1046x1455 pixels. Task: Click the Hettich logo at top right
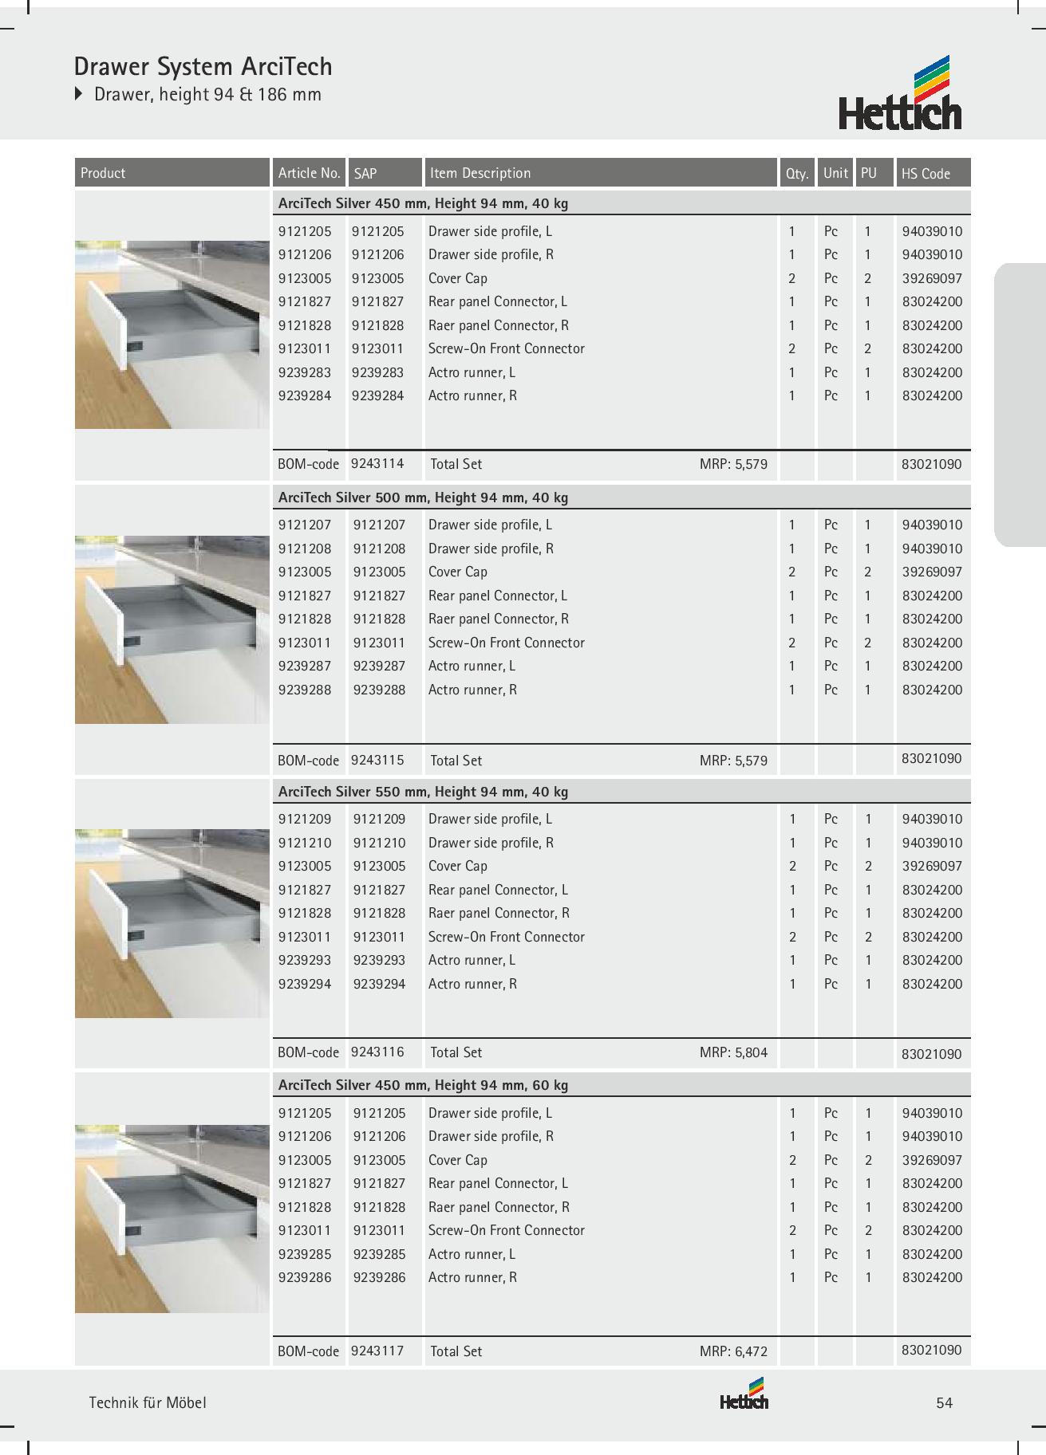click(900, 93)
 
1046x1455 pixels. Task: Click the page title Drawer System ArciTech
click(203, 66)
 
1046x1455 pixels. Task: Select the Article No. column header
click(309, 173)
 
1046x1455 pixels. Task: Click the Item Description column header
click(480, 173)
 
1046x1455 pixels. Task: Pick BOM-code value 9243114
click(377, 463)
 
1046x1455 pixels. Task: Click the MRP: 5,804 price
click(733, 1052)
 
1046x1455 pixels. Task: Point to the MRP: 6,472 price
click(733, 1351)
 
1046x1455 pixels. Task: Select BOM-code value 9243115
click(377, 760)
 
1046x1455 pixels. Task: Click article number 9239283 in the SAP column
click(379, 372)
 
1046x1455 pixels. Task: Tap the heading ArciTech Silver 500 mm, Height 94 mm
click(423, 497)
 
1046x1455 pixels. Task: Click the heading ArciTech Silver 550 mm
click(423, 792)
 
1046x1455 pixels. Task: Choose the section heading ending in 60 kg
click(423, 1085)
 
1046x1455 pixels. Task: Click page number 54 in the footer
click(944, 1403)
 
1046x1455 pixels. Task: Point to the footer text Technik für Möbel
click(148, 1403)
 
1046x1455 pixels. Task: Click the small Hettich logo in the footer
click(744, 1395)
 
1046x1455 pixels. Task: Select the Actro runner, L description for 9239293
click(472, 960)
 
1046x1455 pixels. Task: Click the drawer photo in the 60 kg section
click(172, 1218)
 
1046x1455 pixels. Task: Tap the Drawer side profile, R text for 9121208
click(491, 549)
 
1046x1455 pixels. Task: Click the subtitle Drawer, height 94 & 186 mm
click(207, 94)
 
